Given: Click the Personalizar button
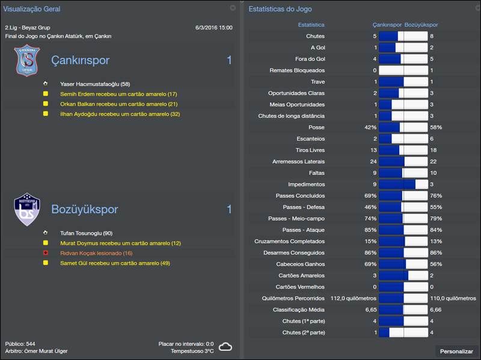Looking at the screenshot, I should [456, 351].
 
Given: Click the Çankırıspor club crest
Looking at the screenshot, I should [26, 61].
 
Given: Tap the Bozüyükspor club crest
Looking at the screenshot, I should [26, 209].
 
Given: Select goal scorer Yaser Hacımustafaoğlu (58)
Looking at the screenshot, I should [95, 84].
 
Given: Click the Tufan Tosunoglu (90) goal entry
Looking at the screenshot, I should [86, 233].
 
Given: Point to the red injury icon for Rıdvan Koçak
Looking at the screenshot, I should [45, 253].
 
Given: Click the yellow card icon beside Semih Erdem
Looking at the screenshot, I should [45, 94].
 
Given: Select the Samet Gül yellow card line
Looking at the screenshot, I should [115, 263].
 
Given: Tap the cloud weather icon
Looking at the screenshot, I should [225, 347].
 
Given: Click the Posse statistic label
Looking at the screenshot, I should [316, 127].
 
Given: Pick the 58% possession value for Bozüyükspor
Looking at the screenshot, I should [436, 127].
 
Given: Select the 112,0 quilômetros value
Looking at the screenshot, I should [354, 298].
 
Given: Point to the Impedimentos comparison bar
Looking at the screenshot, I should [403, 185].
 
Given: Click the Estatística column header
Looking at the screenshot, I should [311, 25].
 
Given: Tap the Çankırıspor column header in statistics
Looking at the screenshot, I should [387, 25].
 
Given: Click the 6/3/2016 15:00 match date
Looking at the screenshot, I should [214, 28].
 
